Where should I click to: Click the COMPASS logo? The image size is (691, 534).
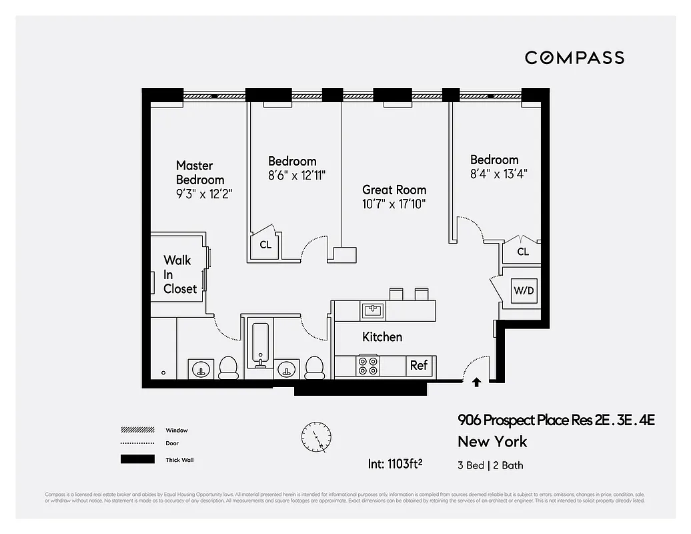point(574,57)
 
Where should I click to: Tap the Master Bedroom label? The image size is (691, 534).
point(200,172)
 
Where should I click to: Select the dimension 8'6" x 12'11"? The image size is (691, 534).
point(296,176)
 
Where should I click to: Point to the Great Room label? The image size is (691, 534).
point(394,190)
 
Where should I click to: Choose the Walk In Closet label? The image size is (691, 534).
point(180,274)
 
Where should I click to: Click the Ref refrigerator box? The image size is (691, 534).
point(419,365)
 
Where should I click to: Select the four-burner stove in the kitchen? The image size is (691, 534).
point(368,366)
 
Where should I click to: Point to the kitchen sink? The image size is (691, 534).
point(372,310)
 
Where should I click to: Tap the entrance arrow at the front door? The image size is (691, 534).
point(476,382)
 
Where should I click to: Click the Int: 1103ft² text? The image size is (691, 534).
point(397,463)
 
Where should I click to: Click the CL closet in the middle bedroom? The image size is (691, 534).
point(265,245)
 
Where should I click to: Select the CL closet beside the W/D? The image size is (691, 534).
point(523,252)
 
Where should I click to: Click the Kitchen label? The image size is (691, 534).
point(382,337)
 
